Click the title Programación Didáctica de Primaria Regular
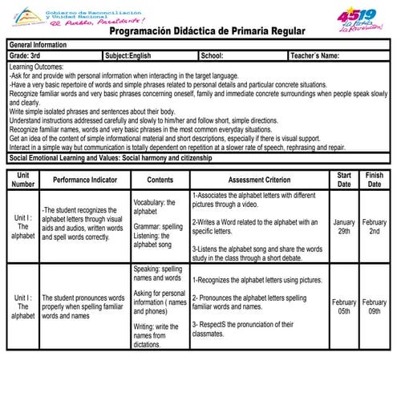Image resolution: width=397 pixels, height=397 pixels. (x=208, y=30)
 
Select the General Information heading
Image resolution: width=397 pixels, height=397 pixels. (x=38, y=45)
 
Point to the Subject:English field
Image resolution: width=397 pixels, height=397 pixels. (x=128, y=56)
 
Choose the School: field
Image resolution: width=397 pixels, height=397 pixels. (x=212, y=56)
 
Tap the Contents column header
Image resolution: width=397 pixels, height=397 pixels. (x=160, y=180)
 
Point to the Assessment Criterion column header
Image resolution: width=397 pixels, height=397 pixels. (x=259, y=180)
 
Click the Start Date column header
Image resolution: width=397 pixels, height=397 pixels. (x=344, y=179)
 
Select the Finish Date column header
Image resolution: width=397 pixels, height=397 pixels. (x=374, y=179)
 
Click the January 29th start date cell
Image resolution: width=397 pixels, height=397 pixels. (x=344, y=226)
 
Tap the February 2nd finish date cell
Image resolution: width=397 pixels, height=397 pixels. (x=374, y=226)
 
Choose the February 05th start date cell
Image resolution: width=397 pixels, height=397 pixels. (x=344, y=307)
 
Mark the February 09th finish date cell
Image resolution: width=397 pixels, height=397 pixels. (x=374, y=307)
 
